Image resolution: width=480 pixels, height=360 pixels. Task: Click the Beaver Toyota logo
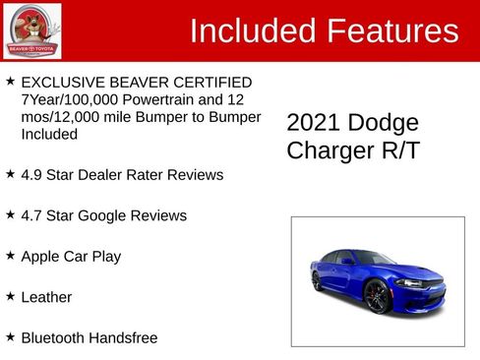31,30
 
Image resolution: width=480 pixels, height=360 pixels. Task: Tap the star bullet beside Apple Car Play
10,255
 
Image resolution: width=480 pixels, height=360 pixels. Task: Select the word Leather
46,296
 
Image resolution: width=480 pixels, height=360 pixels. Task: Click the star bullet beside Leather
10,295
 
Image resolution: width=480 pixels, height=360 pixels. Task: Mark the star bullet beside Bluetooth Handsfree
10,336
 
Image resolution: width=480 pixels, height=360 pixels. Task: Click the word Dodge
386,123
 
